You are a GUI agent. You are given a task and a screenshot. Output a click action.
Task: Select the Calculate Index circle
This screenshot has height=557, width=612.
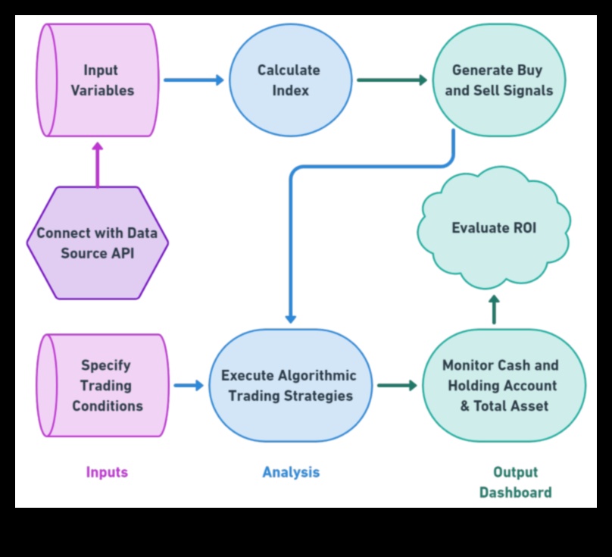(289, 80)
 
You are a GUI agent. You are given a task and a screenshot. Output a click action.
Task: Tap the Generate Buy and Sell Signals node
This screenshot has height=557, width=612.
(498, 80)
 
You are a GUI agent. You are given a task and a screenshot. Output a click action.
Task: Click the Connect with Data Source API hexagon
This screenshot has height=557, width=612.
(97, 243)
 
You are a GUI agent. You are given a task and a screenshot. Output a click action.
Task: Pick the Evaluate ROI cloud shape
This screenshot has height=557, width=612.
(494, 228)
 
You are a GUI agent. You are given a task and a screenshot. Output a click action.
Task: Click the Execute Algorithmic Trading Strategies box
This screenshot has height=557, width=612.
(289, 385)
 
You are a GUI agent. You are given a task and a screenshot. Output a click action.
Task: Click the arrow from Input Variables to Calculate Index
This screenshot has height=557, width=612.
(194, 80)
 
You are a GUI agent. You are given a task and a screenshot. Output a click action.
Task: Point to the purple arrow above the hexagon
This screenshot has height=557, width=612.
(97, 165)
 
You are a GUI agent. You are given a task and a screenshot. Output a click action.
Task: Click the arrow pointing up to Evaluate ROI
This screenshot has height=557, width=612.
(494, 309)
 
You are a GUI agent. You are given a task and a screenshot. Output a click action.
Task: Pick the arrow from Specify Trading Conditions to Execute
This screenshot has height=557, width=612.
(189, 385)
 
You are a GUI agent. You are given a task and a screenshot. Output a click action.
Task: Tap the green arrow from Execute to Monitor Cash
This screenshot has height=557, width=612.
(397, 385)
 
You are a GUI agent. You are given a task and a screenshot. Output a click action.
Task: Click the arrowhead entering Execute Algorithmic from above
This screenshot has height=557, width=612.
(290, 318)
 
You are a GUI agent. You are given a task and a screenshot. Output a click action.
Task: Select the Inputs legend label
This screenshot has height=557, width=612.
(107, 472)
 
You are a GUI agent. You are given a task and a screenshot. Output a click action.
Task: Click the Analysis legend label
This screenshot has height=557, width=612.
(291, 472)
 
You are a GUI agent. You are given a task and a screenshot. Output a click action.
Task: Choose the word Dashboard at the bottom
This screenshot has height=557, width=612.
(515, 493)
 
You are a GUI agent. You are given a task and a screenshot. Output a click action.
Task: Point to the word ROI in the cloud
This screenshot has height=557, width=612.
(521, 228)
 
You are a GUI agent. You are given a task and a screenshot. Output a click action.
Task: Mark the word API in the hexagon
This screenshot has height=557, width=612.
(120, 253)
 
